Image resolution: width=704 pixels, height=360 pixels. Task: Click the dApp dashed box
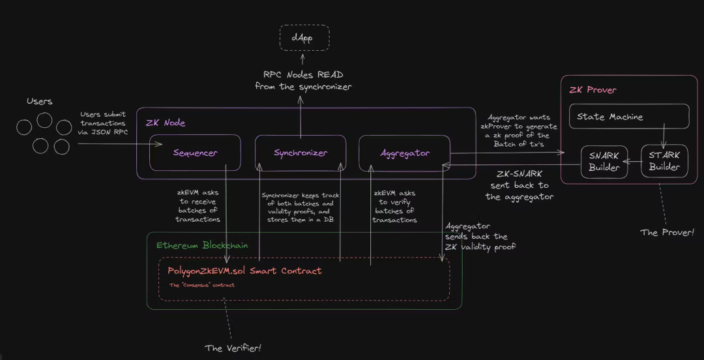coord(304,38)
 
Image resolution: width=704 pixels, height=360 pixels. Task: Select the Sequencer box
coord(195,153)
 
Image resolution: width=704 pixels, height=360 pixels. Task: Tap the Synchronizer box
coord(300,153)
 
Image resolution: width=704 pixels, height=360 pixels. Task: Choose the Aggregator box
coord(404,153)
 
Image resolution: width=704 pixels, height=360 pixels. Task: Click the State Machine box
coord(629,117)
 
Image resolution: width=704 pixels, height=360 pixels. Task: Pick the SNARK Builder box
coord(604,161)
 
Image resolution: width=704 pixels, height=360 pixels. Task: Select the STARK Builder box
coord(664,161)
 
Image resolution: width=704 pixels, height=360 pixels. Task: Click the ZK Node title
coord(166,122)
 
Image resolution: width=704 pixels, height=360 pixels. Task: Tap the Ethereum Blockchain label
coord(202,246)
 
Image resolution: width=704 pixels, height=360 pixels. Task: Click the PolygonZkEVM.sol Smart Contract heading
coord(244,271)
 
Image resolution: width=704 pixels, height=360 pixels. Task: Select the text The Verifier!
coord(233,348)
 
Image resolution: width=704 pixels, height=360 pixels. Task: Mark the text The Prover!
coord(667,232)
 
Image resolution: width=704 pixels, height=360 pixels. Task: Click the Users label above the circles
coord(39,101)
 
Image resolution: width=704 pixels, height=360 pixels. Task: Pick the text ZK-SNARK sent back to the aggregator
coord(520,186)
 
